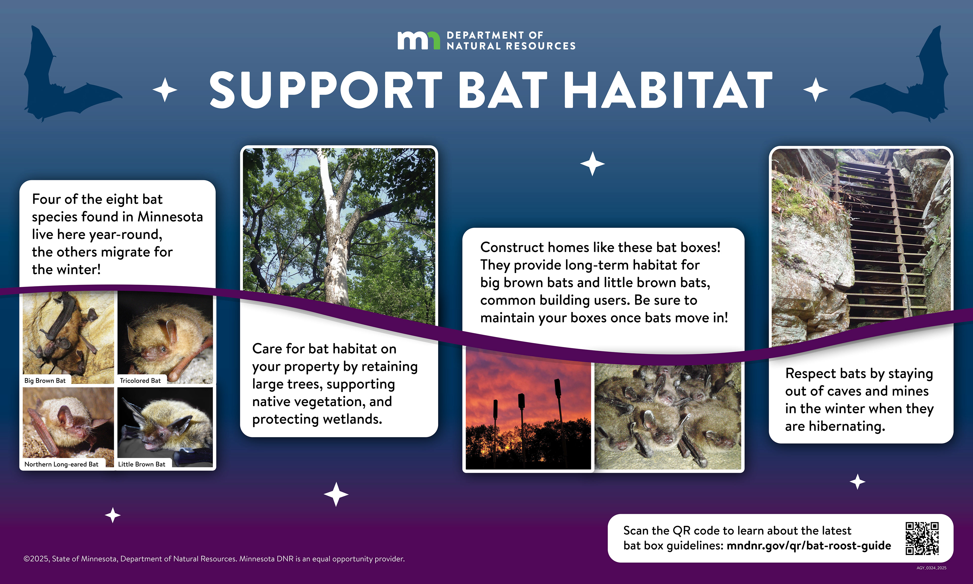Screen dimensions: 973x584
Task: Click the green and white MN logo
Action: point(418,41)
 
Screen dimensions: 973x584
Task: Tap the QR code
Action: point(922,538)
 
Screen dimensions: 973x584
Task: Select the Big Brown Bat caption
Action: point(45,380)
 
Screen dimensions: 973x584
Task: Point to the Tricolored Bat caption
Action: point(140,380)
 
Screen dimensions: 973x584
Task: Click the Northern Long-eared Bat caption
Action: point(61,464)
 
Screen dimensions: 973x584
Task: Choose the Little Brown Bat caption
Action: point(142,464)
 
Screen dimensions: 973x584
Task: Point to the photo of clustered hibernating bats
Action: point(667,415)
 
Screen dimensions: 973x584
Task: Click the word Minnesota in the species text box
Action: point(170,217)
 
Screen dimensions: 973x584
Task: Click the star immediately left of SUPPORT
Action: point(165,90)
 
